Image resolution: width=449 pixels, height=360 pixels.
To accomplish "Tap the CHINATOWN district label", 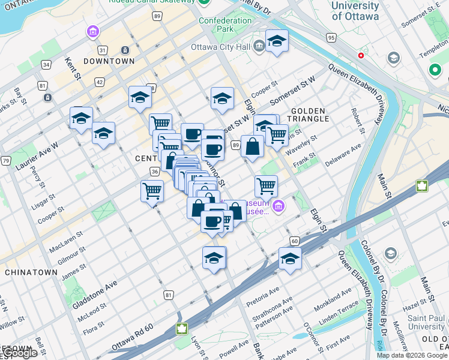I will coord(31,272).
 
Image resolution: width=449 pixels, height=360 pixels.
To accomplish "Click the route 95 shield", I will coord(331,38).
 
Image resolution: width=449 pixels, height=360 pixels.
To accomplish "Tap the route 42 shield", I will coord(99,82).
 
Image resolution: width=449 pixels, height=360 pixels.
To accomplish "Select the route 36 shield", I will coord(154,172).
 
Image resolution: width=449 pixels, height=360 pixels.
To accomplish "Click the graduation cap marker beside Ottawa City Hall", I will coord(277,41).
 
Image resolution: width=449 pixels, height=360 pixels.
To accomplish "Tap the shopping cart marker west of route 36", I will coord(152,190).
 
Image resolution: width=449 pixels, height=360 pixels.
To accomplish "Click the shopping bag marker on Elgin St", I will coord(253,146).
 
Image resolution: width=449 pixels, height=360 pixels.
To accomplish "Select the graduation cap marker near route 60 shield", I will coord(290,259).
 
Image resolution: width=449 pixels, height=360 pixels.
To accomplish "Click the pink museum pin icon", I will coord(277,208).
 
